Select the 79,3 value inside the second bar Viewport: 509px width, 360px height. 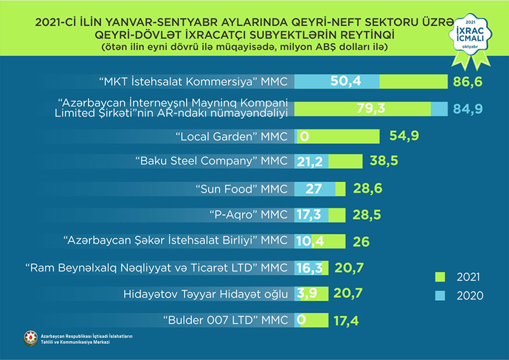(x=371, y=108)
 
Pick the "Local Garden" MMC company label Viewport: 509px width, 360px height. (x=231, y=135)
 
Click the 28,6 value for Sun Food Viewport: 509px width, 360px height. (x=367, y=189)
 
